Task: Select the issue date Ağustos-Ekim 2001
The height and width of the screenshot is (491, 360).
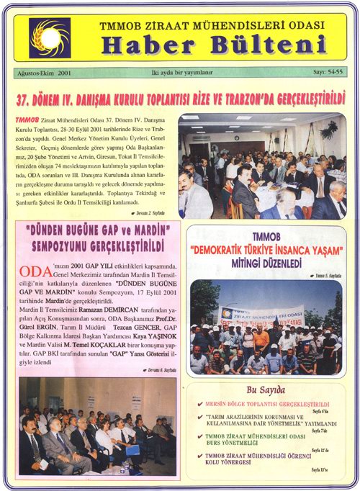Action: point(45,73)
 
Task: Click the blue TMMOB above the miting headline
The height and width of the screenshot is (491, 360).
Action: point(265,238)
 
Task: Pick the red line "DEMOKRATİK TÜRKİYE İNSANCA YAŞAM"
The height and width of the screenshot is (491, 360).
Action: point(266,250)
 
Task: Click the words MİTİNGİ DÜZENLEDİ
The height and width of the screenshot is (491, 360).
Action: point(266,263)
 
